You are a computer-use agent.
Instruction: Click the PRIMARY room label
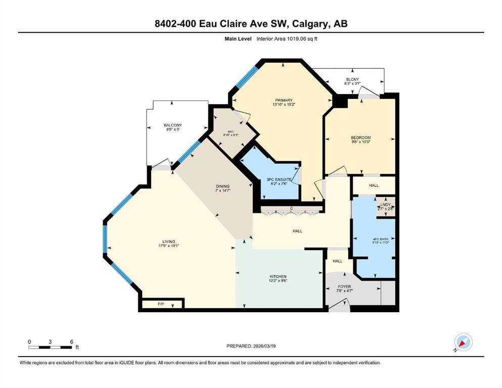point(284,101)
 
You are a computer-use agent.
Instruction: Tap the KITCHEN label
point(278,276)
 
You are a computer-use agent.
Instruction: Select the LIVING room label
point(169,241)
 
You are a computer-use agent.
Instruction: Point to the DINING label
point(222,186)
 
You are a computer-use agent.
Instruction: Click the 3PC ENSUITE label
point(279,180)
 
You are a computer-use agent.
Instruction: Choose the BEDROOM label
point(361,137)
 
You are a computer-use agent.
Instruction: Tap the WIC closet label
point(231,131)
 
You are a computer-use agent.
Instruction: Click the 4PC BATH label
point(380,239)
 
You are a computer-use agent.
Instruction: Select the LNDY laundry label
point(385,205)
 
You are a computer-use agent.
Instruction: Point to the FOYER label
point(344,286)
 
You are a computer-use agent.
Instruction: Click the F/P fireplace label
point(161,304)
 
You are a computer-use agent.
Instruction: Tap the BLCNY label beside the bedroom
point(352,79)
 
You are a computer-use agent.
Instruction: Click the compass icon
point(463,342)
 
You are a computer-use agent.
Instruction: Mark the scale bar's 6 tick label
point(72,342)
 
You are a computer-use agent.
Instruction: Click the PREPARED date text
point(251,346)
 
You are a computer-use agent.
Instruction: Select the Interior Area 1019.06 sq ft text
point(287,39)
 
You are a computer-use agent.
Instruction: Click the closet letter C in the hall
point(292,208)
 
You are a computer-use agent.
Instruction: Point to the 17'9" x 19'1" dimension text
point(169,246)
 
